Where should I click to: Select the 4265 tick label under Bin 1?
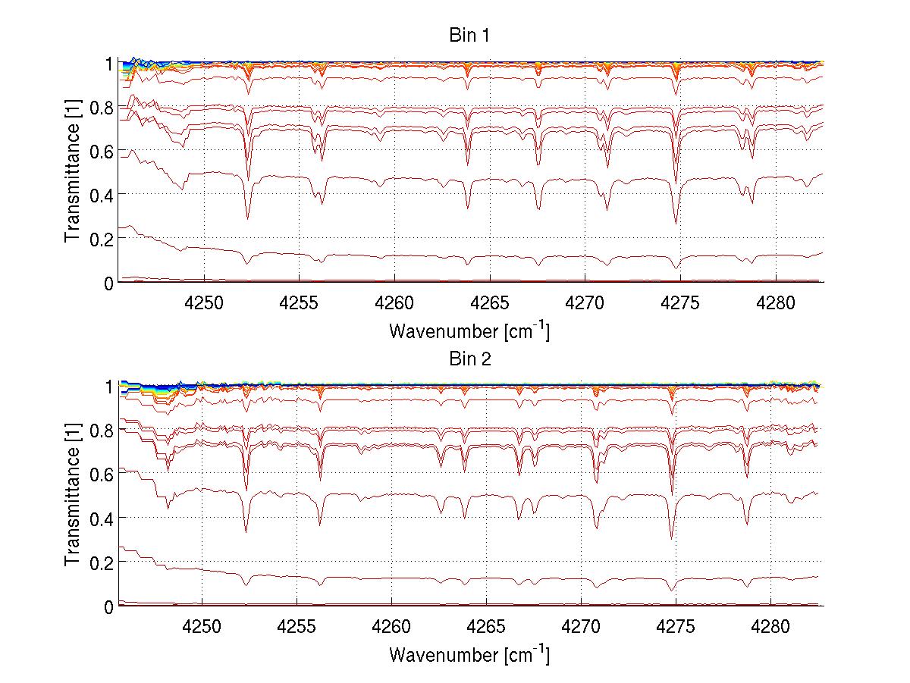coord(490,302)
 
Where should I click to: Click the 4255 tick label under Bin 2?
coord(297,625)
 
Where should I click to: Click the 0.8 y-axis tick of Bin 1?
coord(102,108)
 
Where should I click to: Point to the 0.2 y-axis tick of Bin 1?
coord(102,238)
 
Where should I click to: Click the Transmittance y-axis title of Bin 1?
coord(73,172)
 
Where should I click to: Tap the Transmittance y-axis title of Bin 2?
coord(73,496)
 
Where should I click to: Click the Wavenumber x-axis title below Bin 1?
coord(469,331)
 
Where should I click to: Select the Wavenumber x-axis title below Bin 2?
coord(469,654)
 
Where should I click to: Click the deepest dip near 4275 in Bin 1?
coord(676,223)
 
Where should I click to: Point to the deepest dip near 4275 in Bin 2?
coord(671,538)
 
